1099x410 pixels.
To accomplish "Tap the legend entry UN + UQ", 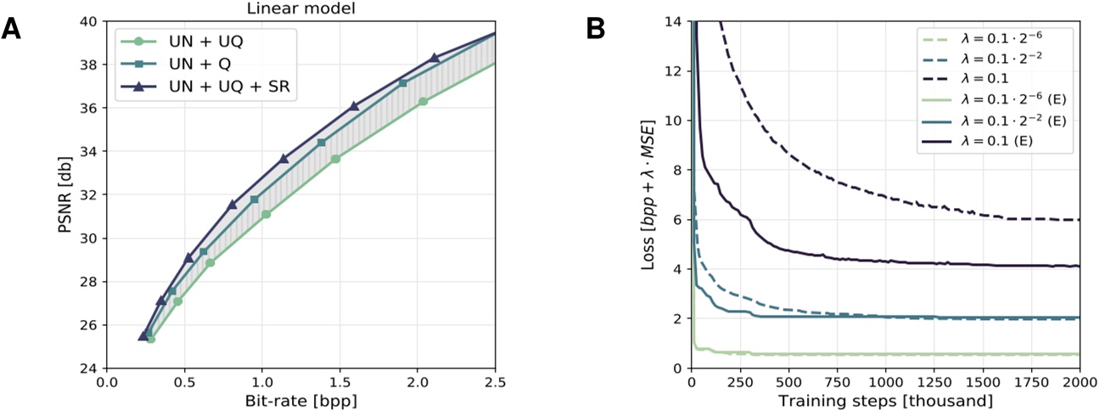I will tap(205, 41).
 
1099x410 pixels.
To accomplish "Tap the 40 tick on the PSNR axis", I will tap(87, 21).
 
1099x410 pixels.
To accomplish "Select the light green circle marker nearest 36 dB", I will tap(423, 102).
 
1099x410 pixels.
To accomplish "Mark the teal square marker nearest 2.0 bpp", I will tap(403, 83).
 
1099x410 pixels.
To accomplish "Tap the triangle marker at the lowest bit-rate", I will tap(143, 336).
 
